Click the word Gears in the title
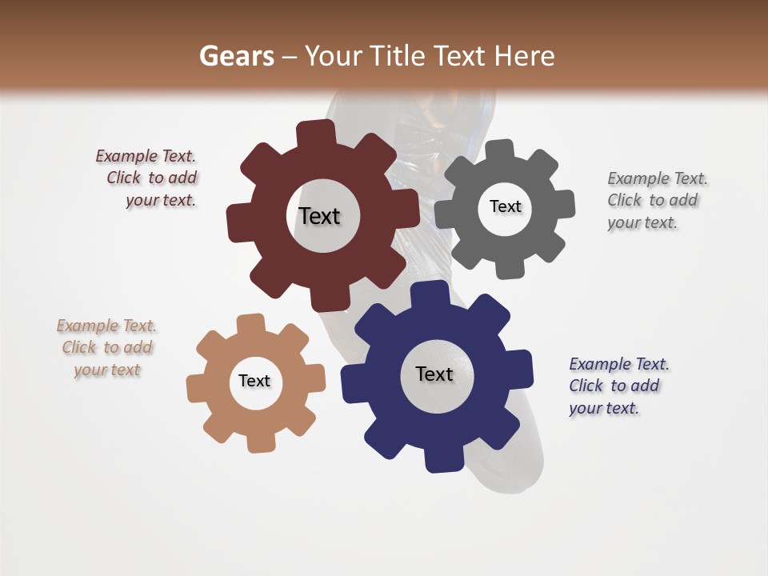tap(236, 56)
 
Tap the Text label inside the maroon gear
tap(319, 216)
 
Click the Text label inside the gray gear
tap(505, 206)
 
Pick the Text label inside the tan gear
tap(254, 381)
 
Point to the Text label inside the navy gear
tap(434, 374)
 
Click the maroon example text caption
tap(148, 178)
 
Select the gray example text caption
tap(656, 201)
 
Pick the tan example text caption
tap(107, 347)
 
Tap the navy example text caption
tap(618, 386)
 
